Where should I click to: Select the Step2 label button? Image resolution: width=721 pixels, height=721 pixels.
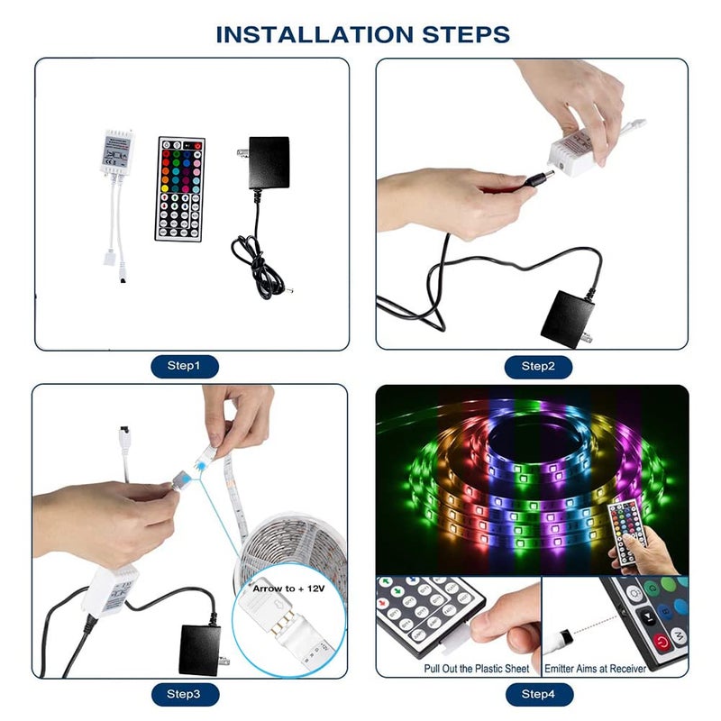point(538,366)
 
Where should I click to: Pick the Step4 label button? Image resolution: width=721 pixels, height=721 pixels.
point(538,694)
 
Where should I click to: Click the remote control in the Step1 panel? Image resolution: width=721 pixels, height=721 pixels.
point(180,188)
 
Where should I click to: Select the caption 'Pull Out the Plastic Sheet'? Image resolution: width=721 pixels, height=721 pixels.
point(476,669)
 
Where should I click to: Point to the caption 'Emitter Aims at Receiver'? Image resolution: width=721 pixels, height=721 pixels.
point(595,669)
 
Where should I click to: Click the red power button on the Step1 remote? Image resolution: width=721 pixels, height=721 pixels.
point(197,145)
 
